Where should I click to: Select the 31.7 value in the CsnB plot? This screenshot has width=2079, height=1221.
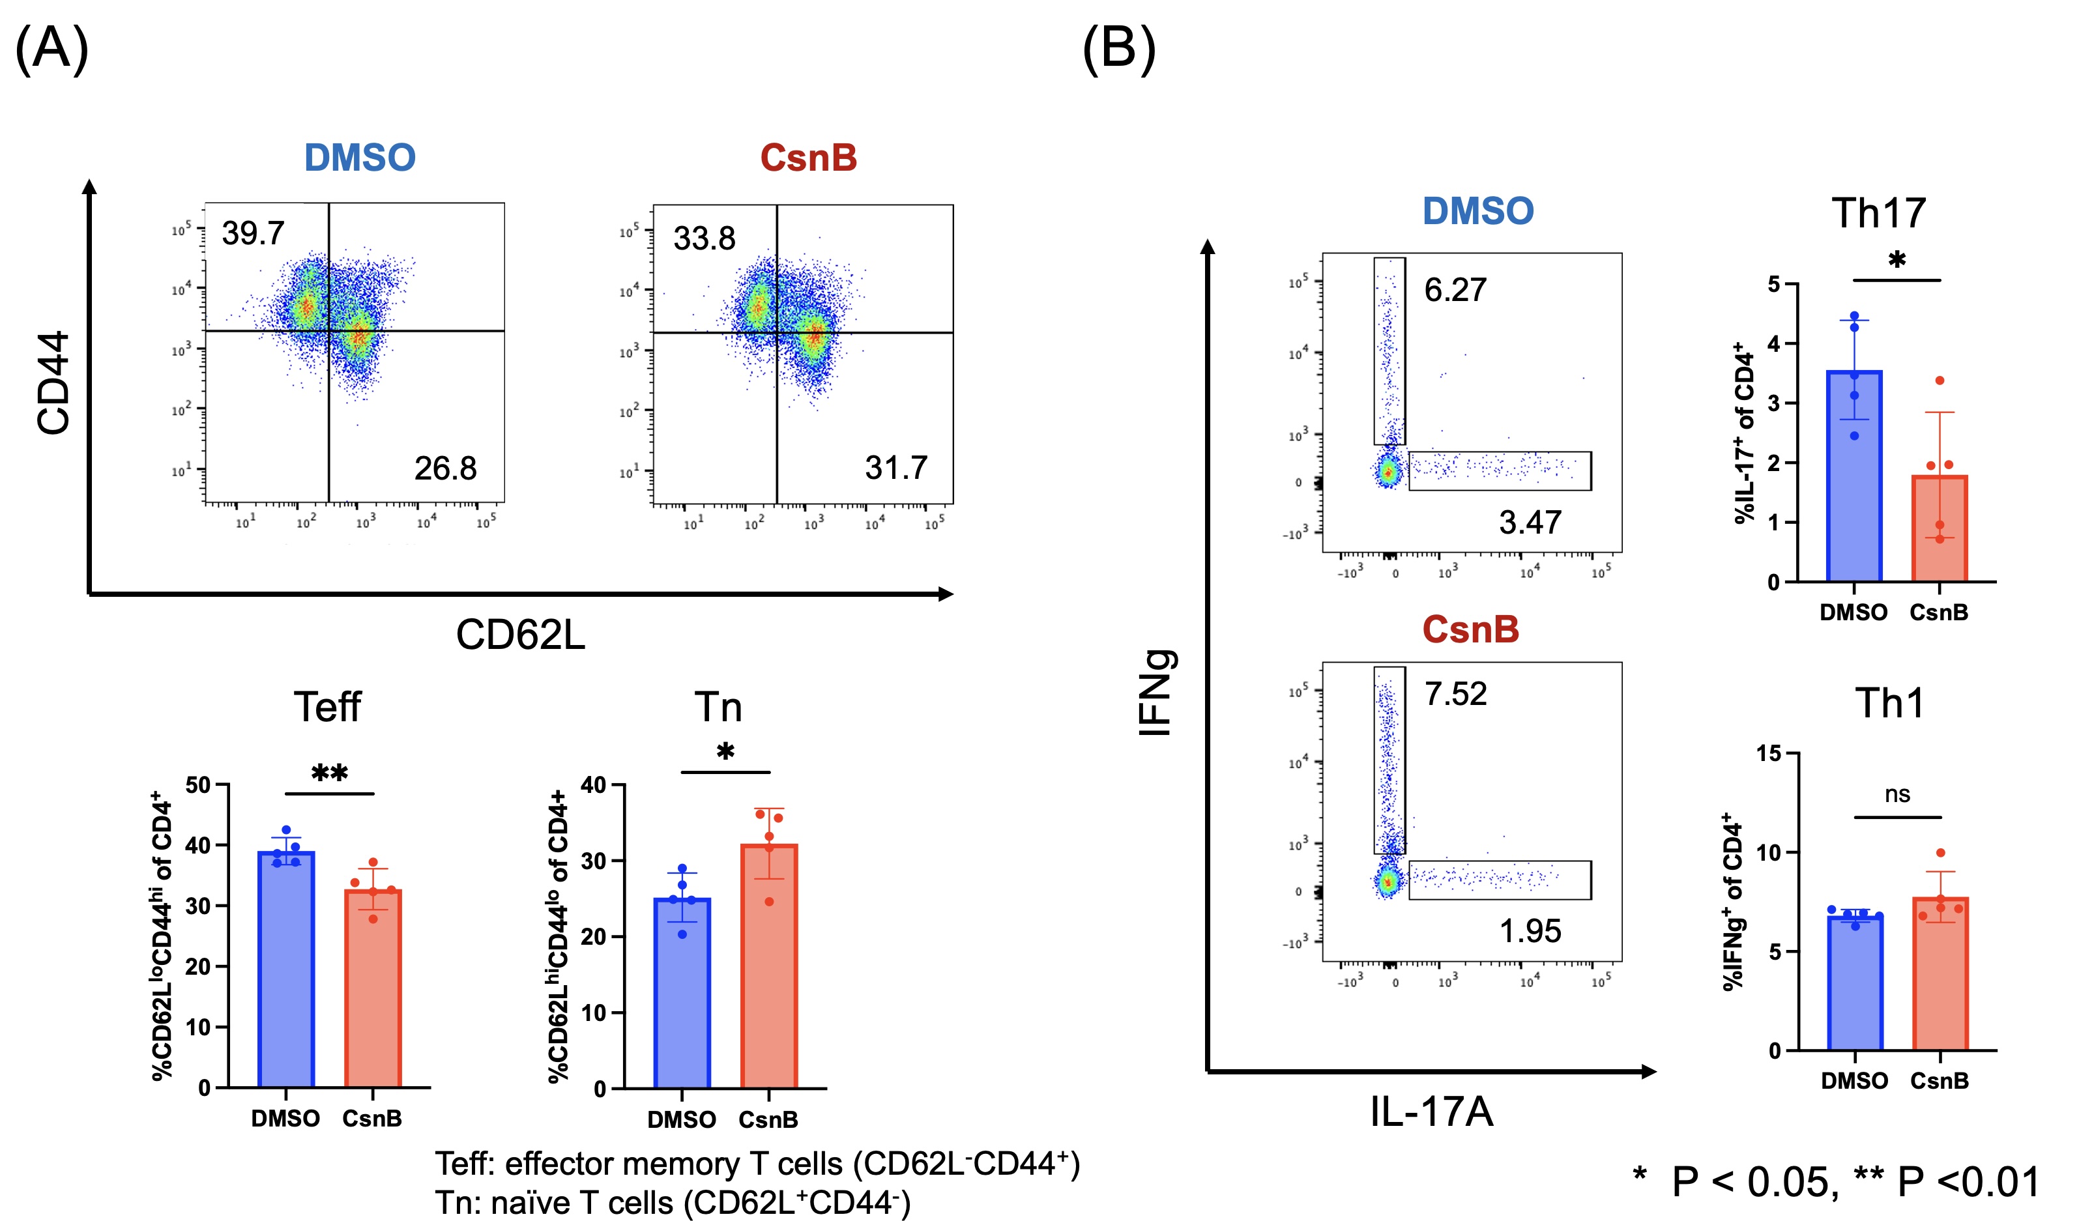[x=896, y=468]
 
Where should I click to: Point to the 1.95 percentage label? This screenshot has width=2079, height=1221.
[x=1530, y=930]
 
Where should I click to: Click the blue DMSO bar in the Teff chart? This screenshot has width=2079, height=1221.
[x=285, y=973]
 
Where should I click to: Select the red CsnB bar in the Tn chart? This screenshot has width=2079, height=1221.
[x=769, y=970]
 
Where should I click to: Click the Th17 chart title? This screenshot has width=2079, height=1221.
[x=1878, y=213]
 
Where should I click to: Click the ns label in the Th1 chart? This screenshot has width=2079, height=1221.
[x=1897, y=794]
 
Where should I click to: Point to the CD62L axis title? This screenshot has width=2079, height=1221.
[x=521, y=635]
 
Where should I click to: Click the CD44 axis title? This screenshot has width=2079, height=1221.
[x=53, y=383]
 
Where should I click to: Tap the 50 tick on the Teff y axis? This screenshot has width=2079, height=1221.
[x=198, y=784]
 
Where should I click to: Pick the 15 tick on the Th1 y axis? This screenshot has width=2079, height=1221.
[x=1768, y=753]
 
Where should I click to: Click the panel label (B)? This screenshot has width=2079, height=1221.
[x=1119, y=49]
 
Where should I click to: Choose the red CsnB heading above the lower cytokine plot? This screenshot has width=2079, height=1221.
[x=1470, y=629]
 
